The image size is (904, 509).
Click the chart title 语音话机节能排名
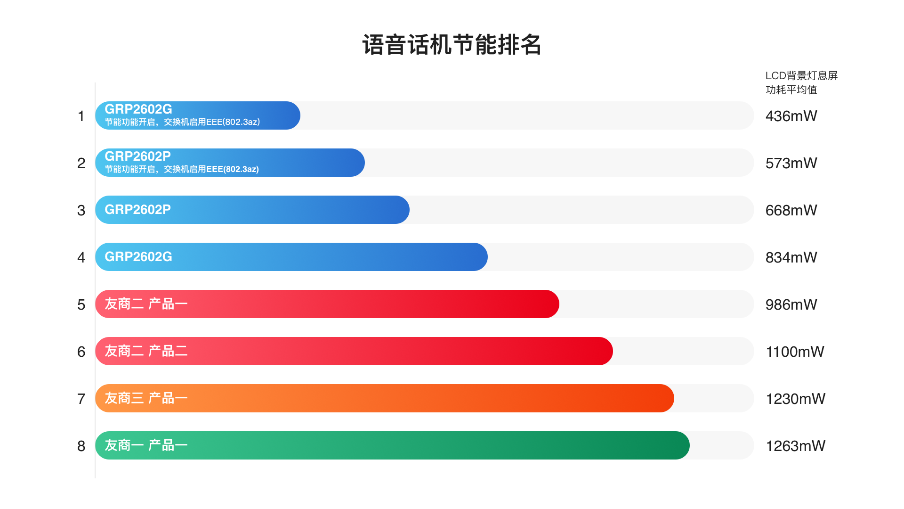(x=452, y=45)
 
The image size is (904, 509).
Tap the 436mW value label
(x=791, y=116)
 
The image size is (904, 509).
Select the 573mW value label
(x=791, y=163)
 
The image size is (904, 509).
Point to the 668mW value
(x=791, y=210)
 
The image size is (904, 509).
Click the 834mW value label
(x=791, y=257)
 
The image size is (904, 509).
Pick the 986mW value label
(x=791, y=304)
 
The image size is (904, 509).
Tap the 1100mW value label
(x=795, y=352)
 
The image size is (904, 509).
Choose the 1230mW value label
(x=795, y=399)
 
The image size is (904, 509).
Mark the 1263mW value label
(x=795, y=446)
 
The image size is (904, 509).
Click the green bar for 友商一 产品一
(x=424, y=445)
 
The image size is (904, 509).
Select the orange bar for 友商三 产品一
(x=424, y=398)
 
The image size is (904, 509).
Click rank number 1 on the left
(x=81, y=116)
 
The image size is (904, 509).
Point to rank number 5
(x=81, y=304)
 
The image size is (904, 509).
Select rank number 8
(x=81, y=446)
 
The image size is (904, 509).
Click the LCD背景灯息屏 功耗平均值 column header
(x=801, y=82)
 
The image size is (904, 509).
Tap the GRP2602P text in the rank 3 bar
(x=137, y=210)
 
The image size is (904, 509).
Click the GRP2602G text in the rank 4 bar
(x=138, y=257)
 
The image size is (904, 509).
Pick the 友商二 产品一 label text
(x=146, y=304)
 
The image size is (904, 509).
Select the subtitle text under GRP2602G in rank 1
(x=182, y=122)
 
